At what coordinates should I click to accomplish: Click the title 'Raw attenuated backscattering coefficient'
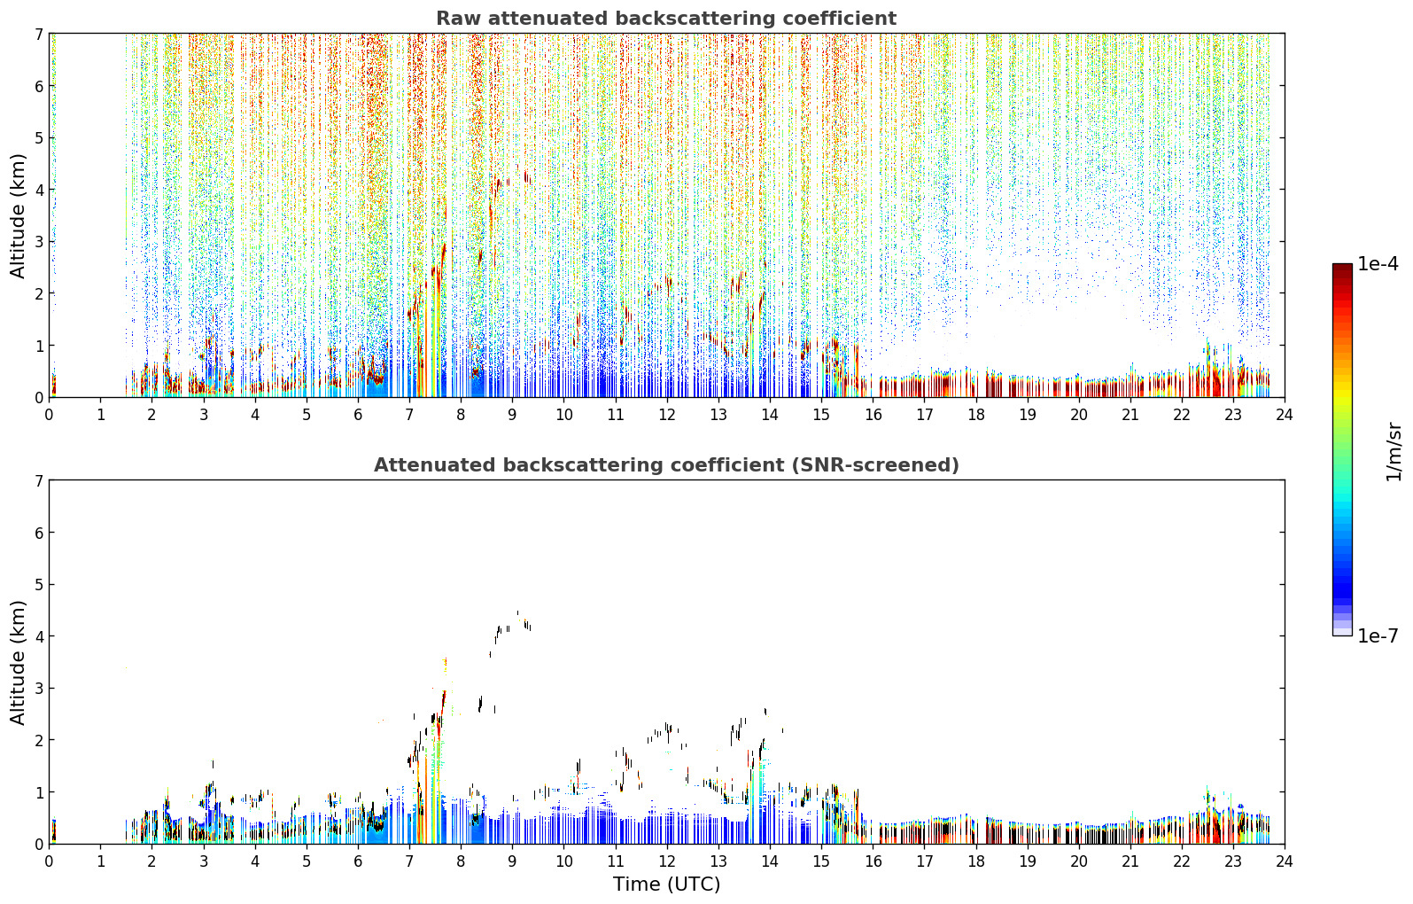coord(666,19)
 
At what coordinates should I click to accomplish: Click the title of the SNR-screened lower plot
coord(666,464)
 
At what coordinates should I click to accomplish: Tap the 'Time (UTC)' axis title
coord(666,884)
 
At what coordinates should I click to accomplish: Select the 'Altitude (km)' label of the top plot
coord(18,215)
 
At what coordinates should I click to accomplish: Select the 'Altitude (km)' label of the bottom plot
coord(18,662)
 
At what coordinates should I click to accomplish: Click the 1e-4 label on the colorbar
coord(1378,264)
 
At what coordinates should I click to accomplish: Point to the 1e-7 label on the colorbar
coord(1378,635)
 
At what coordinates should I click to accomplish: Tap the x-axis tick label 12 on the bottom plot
coord(667,861)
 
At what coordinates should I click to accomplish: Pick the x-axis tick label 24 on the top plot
coord(1285,415)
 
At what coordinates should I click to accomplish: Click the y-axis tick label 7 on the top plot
coord(39,34)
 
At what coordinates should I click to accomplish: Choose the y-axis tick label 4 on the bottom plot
coord(39,636)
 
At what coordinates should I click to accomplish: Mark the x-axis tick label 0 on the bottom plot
coord(50,861)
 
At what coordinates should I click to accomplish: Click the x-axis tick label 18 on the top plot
coord(976,415)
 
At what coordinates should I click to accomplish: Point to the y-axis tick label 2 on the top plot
coord(39,293)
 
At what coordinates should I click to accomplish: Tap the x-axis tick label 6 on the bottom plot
coord(358,861)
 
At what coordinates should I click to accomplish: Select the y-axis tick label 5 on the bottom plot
coord(39,585)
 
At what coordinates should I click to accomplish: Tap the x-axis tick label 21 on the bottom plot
coord(1130,861)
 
